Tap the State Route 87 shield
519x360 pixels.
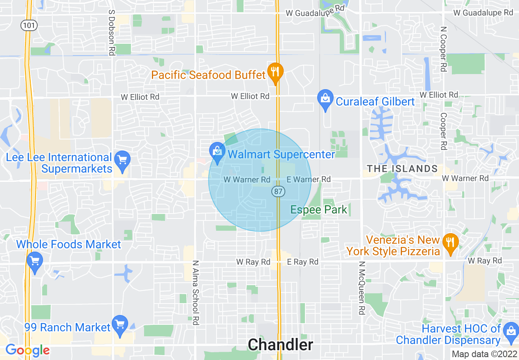click(x=278, y=191)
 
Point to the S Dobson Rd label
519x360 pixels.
click(x=111, y=33)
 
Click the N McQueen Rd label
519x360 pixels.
click(x=361, y=288)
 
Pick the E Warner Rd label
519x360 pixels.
click(x=309, y=179)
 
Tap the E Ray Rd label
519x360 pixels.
click(x=302, y=262)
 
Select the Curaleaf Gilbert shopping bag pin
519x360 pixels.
click(x=325, y=99)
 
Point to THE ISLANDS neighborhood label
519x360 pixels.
click(x=402, y=169)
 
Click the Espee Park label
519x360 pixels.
click(x=319, y=210)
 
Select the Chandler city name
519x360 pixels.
click(x=281, y=345)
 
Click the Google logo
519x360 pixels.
click(x=27, y=350)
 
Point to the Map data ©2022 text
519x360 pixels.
click(x=483, y=354)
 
